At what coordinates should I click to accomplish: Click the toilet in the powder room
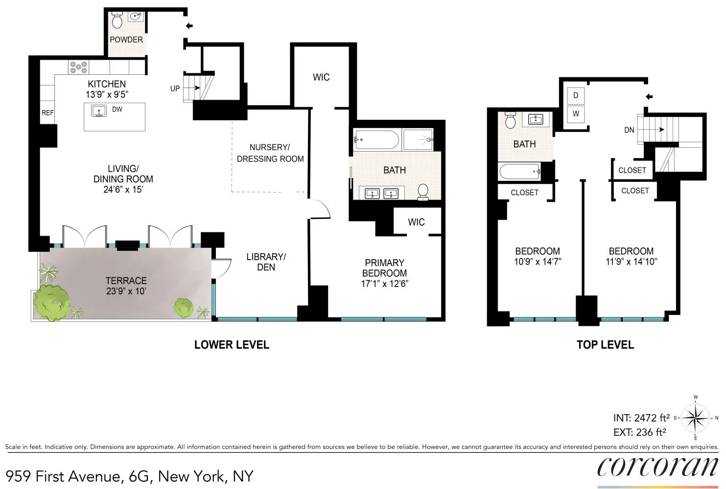[x=117, y=21]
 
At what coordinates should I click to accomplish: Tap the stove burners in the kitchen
[x=78, y=67]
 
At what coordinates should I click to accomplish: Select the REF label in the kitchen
[x=47, y=113]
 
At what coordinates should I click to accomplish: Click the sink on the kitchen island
[x=99, y=111]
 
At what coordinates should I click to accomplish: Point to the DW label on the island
[x=117, y=110]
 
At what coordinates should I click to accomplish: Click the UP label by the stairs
[x=175, y=89]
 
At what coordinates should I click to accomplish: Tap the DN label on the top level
[x=629, y=130]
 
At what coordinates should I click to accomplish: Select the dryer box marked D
[x=576, y=95]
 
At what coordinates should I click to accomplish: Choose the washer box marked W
[x=576, y=114]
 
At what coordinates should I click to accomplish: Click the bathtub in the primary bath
[x=376, y=140]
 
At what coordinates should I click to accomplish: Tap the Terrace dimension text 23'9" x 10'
[x=126, y=291]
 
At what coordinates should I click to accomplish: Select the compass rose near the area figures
[x=696, y=418]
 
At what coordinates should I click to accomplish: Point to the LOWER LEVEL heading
[x=232, y=345]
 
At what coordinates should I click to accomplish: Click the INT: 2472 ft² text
[x=641, y=418]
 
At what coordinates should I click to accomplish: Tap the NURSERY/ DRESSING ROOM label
[x=270, y=153]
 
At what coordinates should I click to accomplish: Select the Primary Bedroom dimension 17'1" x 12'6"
[x=384, y=284]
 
